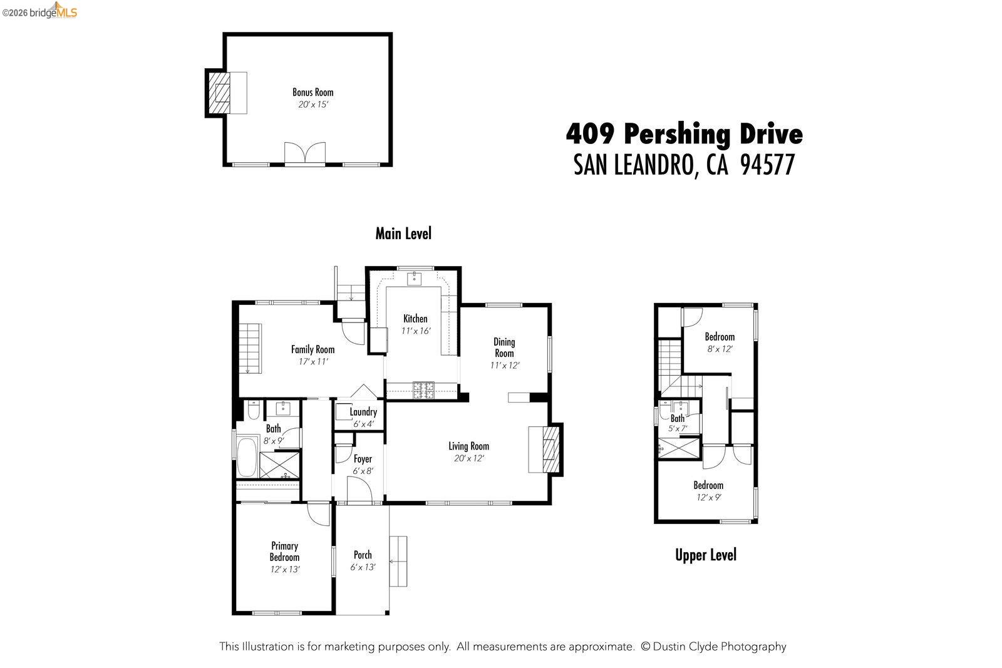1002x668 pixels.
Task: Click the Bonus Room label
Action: (x=312, y=92)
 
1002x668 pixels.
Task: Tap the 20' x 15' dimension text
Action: (x=312, y=105)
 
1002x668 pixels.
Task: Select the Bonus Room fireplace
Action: (x=220, y=93)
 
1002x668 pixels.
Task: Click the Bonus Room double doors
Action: (x=305, y=153)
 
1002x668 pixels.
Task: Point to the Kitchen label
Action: (x=415, y=319)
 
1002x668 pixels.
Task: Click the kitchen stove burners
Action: (x=424, y=390)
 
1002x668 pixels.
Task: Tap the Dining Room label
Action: (x=504, y=347)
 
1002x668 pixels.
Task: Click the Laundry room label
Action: (x=363, y=412)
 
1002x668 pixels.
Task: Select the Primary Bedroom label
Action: (x=284, y=551)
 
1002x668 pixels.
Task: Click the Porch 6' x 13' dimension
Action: (x=363, y=567)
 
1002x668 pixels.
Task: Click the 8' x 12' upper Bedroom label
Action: (x=719, y=337)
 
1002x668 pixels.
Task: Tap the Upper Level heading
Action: (x=705, y=555)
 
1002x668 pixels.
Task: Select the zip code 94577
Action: (x=767, y=165)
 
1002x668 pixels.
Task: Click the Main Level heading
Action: (x=403, y=234)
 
